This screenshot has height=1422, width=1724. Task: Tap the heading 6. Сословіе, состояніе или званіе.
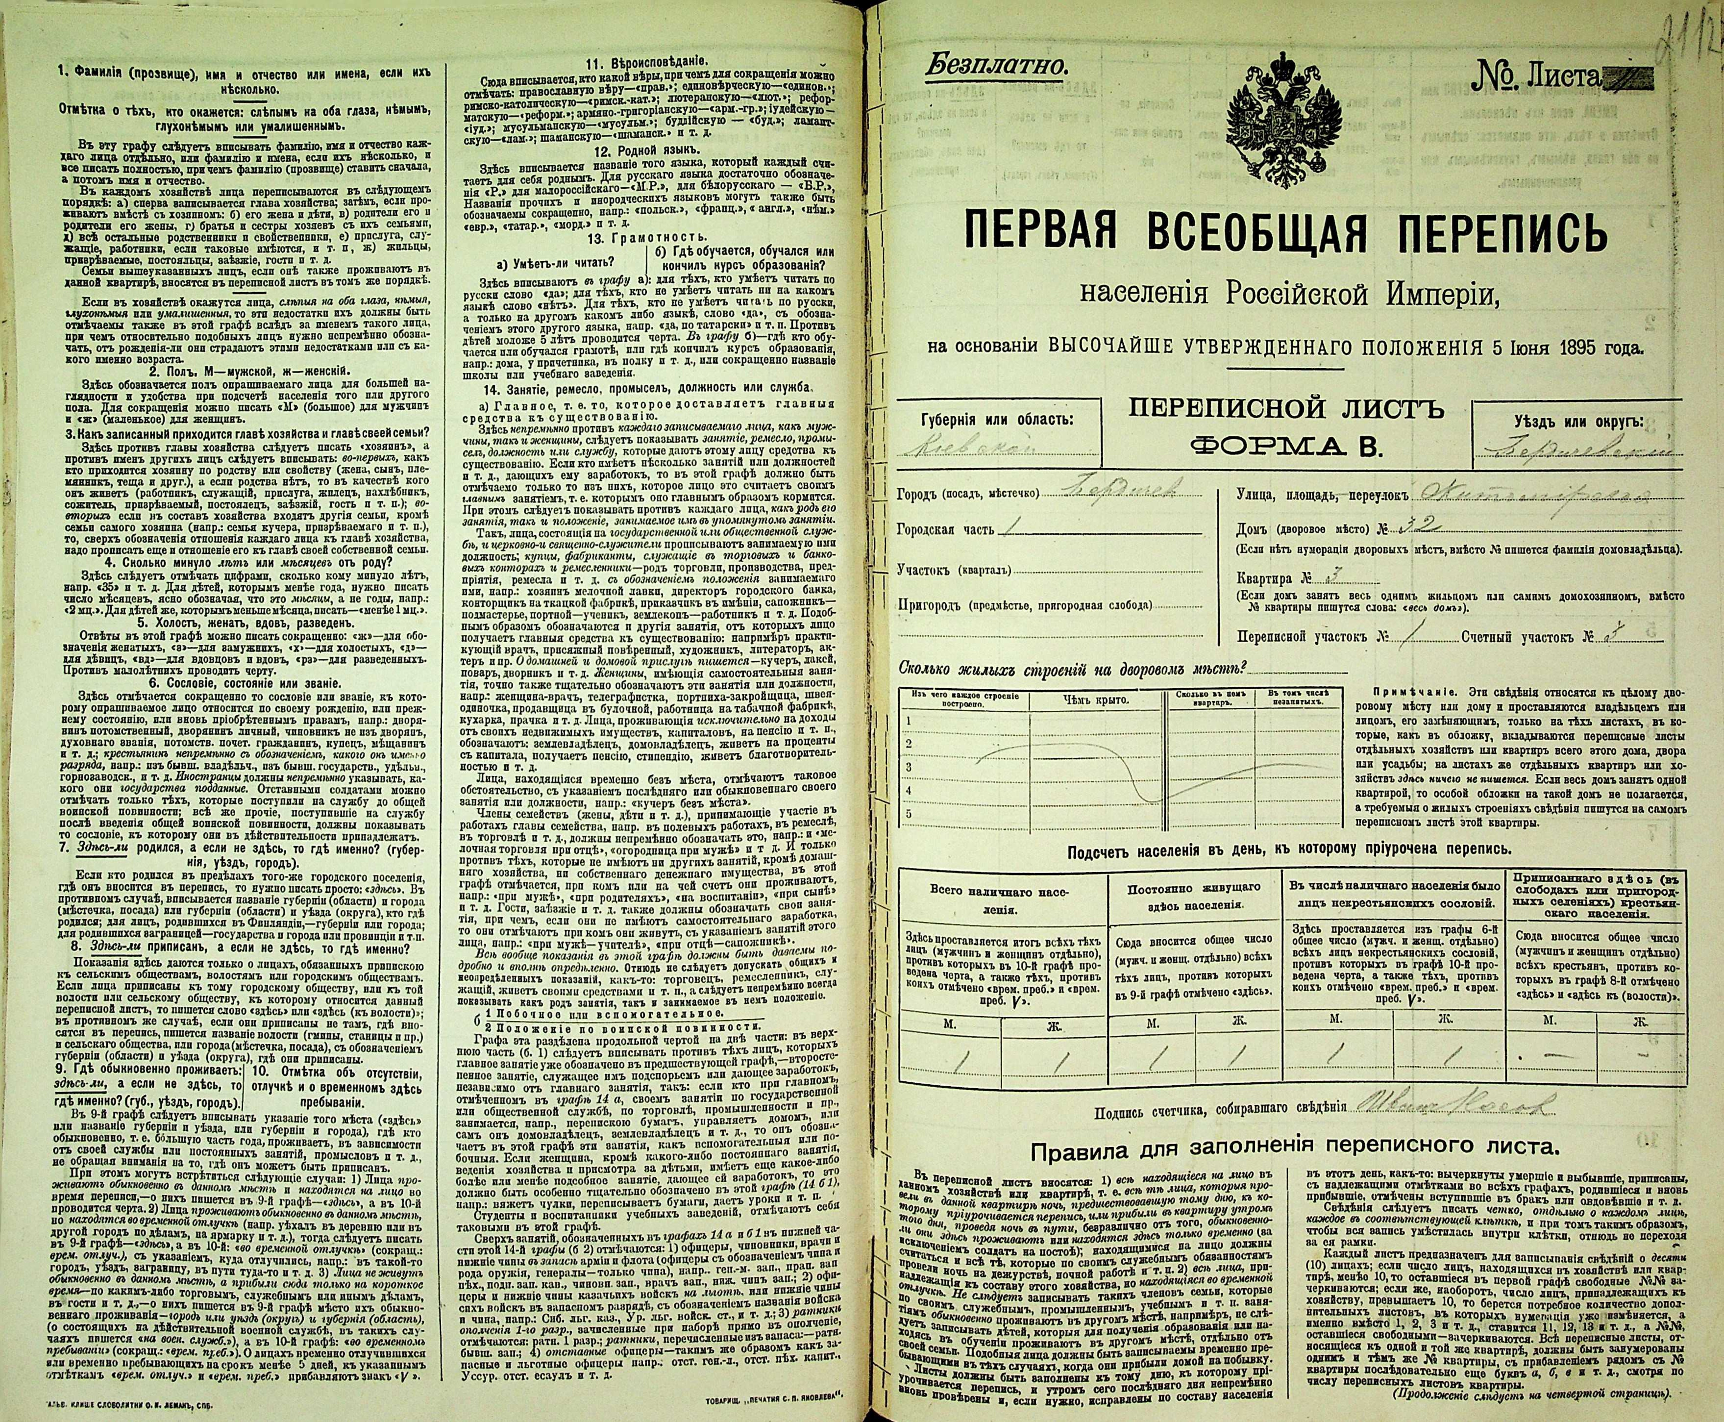(x=246, y=682)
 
